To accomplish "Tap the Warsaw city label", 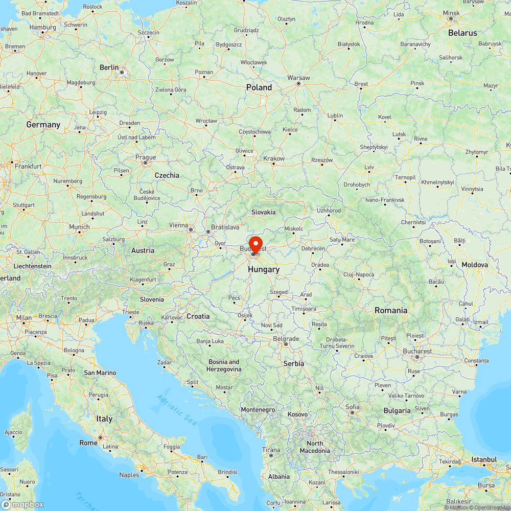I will [x=299, y=78].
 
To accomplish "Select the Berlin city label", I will [x=109, y=67].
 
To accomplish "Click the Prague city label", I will [x=146, y=157].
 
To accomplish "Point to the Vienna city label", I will [x=179, y=225].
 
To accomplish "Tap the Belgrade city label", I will [x=286, y=339].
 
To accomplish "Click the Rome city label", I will [x=88, y=443].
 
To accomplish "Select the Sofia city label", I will [x=352, y=407].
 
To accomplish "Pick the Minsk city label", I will [x=451, y=13].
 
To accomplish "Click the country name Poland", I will [x=259, y=87].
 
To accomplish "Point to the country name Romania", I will [x=391, y=310].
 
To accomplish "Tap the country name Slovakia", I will [x=263, y=212].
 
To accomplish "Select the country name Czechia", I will [x=167, y=175].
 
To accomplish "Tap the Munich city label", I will [x=79, y=227].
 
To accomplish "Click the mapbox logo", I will [x=23, y=504].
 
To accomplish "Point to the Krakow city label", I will [x=273, y=158].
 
